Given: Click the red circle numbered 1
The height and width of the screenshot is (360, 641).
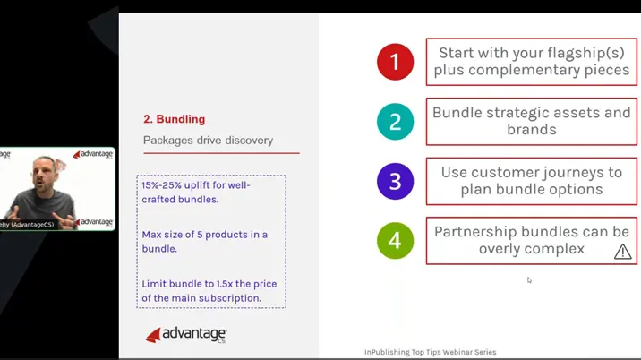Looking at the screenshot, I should [395, 62].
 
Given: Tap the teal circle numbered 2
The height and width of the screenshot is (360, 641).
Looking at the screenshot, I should [395, 122].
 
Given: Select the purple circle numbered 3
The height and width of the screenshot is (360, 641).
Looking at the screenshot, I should [395, 182].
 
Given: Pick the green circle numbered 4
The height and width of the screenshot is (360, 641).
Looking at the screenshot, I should [395, 241].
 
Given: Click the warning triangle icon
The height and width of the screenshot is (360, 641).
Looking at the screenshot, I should [622, 252].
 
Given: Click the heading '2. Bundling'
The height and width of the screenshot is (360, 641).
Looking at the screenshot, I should [174, 119].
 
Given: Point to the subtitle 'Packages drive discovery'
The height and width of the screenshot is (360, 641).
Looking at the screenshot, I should [208, 141].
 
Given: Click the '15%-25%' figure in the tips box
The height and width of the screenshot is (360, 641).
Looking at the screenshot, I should [161, 185].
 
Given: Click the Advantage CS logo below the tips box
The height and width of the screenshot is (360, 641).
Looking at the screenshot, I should [186, 335].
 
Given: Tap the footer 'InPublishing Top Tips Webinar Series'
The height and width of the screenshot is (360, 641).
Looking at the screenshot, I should [430, 352].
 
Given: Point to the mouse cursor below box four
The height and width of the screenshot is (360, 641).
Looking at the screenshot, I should [529, 280].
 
